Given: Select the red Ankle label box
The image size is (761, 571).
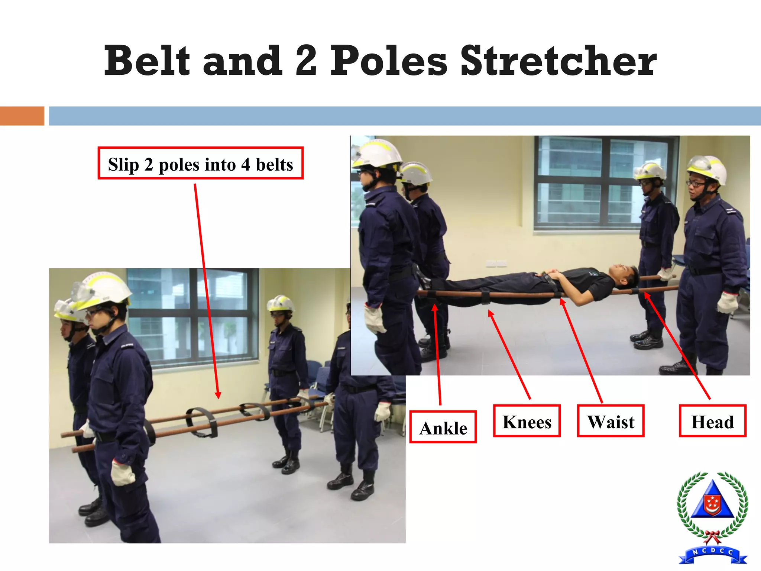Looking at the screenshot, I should click(x=443, y=427).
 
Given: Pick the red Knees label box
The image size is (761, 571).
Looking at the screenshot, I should click(x=527, y=421).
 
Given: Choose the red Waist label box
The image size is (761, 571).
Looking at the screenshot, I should click(x=611, y=421).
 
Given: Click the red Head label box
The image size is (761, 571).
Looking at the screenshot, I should click(x=712, y=421).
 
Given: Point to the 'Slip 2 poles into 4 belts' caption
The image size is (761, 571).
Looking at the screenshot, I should click(x=201, y=164).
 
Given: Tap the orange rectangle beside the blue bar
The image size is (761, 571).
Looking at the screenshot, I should click(x=22, y=116).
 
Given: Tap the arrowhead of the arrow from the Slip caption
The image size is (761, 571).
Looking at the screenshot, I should click(x=218, y=396).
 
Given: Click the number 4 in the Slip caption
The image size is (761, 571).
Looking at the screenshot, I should click(x=245, y=164).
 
